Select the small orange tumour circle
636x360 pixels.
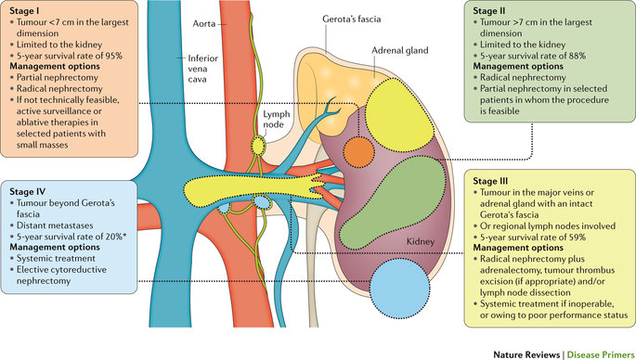tap(358, 150)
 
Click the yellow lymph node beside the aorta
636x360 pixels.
tap(259, 147)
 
